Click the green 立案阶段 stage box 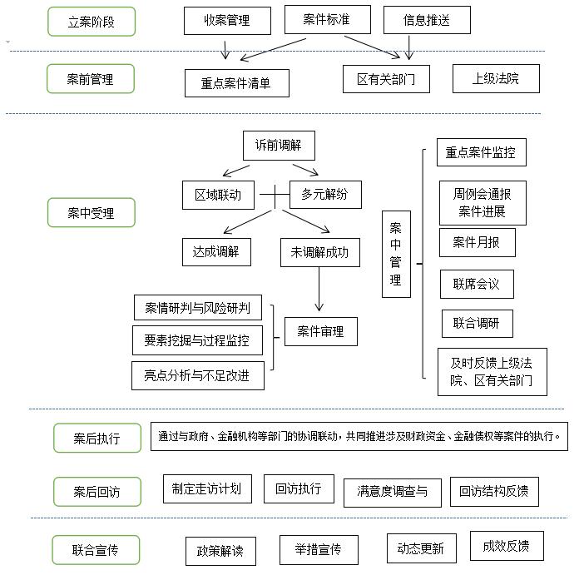[x=92, y=22]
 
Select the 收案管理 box [x=226, y=20]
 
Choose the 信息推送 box [x=427, y=20]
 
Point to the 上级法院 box [x=496, y=79]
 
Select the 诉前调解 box [x=278, y=146]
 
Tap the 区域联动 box [x=218, y=195]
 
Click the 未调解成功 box [x=320, y=252]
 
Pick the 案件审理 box [x=320, y=331]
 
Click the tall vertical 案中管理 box [x=396, y=254]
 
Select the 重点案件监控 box [x=481, y=152]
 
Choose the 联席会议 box [x=477, y=284]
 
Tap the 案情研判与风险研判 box [x=198, y=307]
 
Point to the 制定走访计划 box [x=207, y=488]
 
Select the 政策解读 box [x=220, y=550]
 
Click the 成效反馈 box [x=507, y=546]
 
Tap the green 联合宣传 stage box [x=96, y=550]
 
